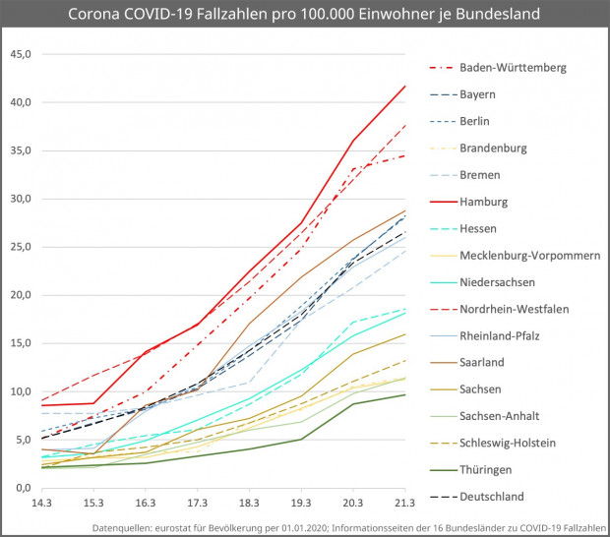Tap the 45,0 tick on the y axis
tap(22, 54)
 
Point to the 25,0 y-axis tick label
tap(22, 247)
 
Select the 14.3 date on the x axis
tap(41, 503)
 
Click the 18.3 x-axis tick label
tap(249, 503)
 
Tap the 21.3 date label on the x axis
tap(404, 503)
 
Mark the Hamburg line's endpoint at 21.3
tap(405, 86)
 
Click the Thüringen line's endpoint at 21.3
tap(405, 394)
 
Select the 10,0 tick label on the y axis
tap(22, 391)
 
